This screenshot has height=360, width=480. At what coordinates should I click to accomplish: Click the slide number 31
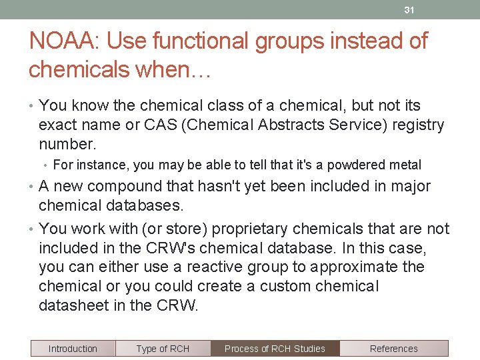[x=409, y=10]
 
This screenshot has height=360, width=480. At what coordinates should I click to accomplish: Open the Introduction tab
[x=73, y=349]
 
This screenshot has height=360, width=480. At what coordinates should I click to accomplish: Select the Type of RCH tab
[x=163, y=349]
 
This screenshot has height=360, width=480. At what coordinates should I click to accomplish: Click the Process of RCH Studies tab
[x=275, y=349]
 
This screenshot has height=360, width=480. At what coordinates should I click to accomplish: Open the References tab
[x=393, y=349]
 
